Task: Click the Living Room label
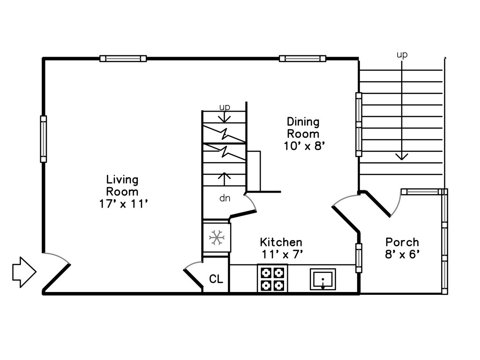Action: click(122, 186)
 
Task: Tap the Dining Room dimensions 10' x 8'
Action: click(304, 146)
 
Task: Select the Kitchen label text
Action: click(281, 242)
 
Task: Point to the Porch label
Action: click(402, 242)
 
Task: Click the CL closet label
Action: click(216, 279)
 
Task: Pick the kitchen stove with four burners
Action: click(272, 278)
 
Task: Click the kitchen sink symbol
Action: click(322, 279)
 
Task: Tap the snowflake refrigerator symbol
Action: click(217, 238)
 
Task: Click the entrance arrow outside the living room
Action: click(24, 272)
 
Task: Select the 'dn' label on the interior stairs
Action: click(225, 198)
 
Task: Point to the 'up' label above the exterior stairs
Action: click(402, 55)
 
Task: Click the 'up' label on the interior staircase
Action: click(225, 107)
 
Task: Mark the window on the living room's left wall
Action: click(44, 139)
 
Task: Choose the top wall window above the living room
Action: click(123, 59)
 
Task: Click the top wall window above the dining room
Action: click(302, 59)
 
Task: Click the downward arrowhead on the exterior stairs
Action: click(402, 157)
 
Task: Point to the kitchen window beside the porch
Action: click(359, 258)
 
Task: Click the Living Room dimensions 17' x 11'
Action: click(124, 204)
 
